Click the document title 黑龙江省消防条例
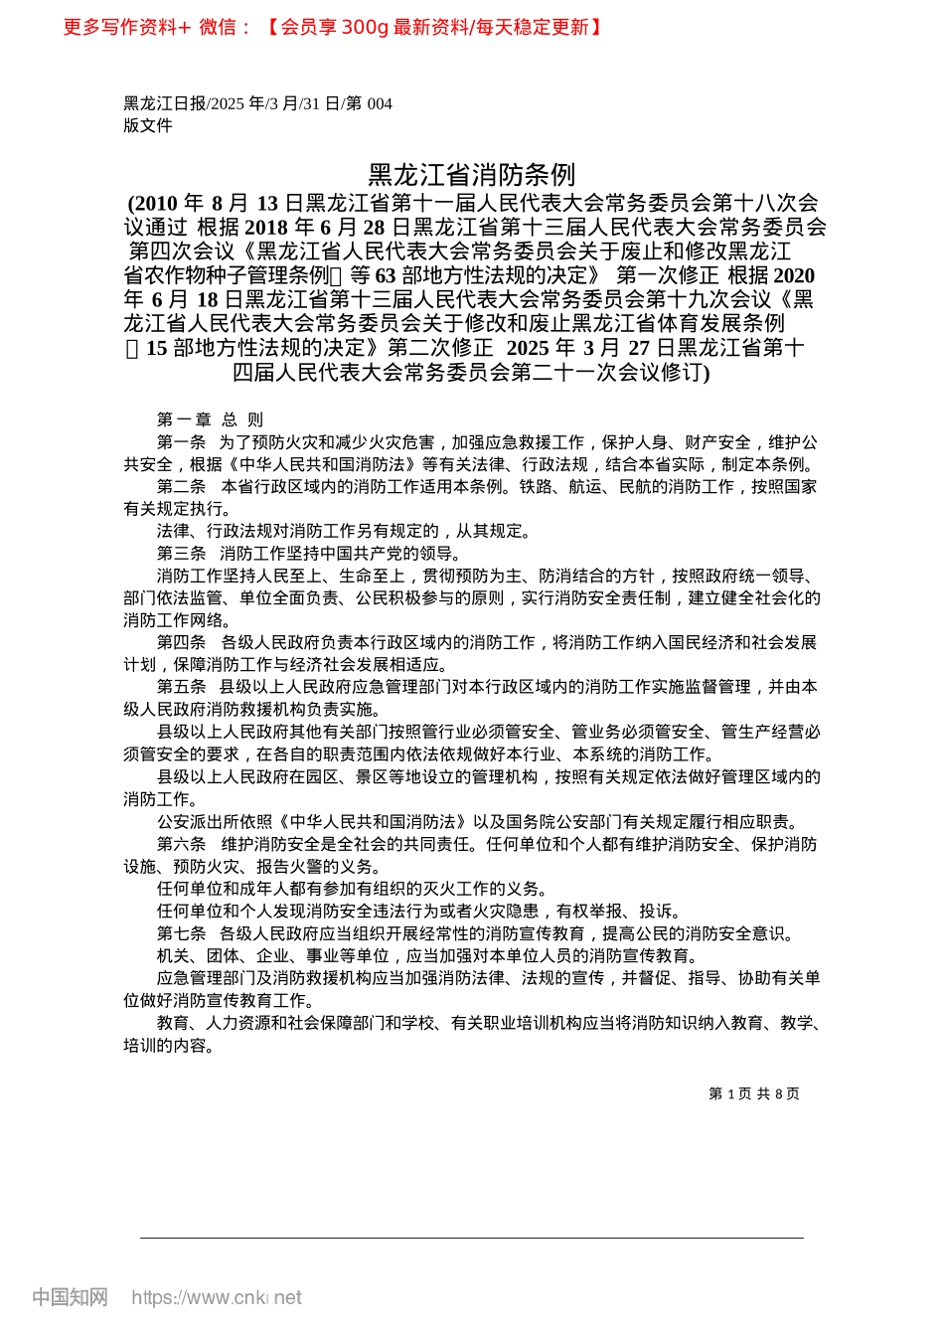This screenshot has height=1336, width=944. [x=471, y=175]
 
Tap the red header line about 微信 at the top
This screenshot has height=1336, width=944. [x=333, y=27]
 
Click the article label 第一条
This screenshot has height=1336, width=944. [x=181, y=442]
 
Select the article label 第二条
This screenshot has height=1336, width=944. [x=181, y=487]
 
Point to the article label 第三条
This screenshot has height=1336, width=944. [x=181, y=554]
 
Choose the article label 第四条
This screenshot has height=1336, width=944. [x=181, y=643]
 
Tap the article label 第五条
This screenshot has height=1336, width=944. [x=181, y=688]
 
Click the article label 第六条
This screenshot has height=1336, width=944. [x=181, y=845]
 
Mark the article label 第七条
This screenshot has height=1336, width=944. [x=181, y=934]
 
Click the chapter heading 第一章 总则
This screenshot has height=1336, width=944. [x=210, y=419]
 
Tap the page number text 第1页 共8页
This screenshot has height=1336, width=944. [x=753, y=1093]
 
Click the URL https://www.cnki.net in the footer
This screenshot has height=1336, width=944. [x=217, y=1297]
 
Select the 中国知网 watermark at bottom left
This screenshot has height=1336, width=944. [x=70, y=1297]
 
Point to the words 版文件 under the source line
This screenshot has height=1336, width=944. [x=148, y=125]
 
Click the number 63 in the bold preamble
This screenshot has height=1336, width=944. [x=386, y=275]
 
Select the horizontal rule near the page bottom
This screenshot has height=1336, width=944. [x=471, y=1238]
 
